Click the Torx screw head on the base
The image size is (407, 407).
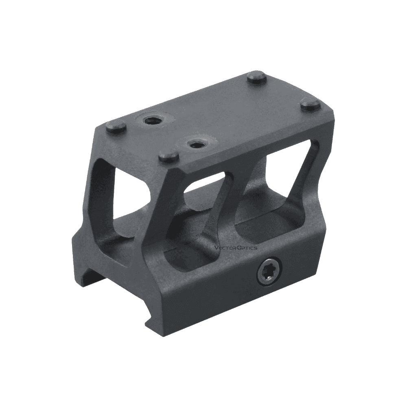pos(268,273)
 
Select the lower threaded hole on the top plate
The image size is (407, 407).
pos(194,143)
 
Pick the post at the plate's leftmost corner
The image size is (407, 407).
pos(116,127)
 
